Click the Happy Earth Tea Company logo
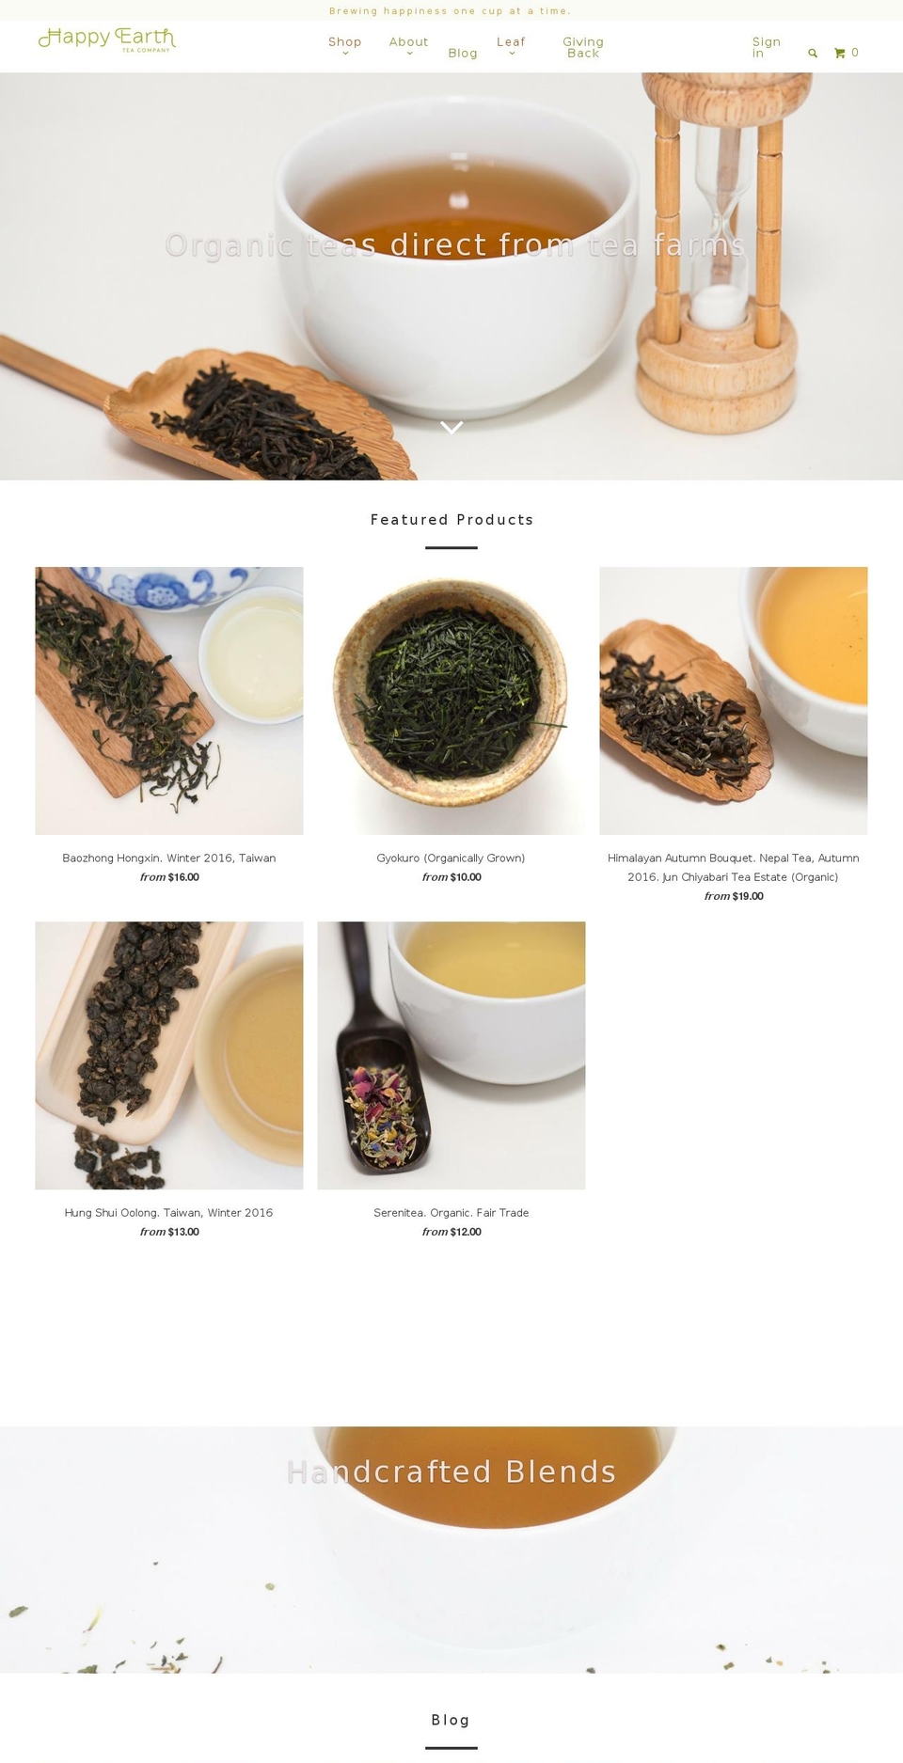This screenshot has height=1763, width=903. pos(106,39)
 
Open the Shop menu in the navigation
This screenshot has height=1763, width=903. pos(344,42)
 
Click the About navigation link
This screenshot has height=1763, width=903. pos(408,42)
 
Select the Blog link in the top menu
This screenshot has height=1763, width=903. pos(462,54)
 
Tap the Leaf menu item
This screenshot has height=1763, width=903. pos(511,42)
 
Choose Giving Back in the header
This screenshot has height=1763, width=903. pos(582,48)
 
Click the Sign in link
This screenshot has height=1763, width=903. pos(765,48)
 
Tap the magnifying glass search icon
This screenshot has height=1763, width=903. pos(813,54)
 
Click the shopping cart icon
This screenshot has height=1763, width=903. pos(839,54)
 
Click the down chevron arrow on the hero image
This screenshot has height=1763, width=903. pos(451,428)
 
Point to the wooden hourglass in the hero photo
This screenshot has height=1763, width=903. pos(722,244)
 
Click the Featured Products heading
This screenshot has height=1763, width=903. pos(451,520)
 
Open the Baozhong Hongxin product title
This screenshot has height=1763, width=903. pos(169,858)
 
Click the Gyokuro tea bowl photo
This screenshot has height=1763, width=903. pos(451,700)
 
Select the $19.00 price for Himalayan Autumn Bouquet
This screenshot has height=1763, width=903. pos(747,897)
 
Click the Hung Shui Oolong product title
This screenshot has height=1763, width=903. pos(169,1213)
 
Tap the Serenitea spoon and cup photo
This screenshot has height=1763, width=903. pos(451,1055)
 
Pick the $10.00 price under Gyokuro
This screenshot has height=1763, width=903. pos(465,878)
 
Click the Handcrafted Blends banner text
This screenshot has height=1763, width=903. pos(451,1472)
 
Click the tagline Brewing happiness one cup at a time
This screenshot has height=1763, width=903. pos(451,11)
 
